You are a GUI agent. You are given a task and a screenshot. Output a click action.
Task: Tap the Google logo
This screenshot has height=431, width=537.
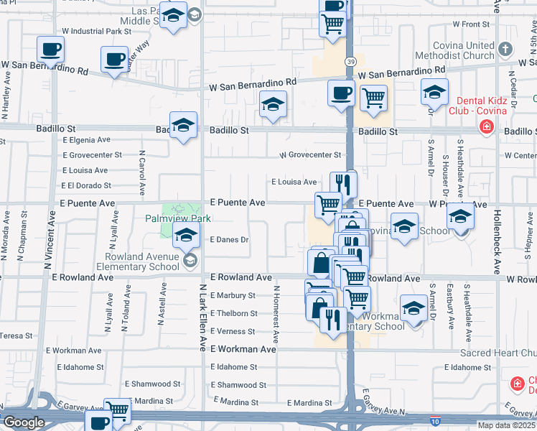pyautogui.click(x=24, y=422)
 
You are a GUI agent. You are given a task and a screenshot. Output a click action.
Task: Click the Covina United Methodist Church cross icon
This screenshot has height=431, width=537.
pyautogui.click(x=506, y=50)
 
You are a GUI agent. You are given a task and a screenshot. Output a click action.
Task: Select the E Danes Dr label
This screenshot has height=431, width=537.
pyautogui.click(x=229, y=240)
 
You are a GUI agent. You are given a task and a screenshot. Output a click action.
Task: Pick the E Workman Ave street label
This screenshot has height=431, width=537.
pyautogui.click(x=243, y=349)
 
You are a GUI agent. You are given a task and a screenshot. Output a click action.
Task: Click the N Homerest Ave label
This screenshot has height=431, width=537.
pyautogui.click(x=275, y=313)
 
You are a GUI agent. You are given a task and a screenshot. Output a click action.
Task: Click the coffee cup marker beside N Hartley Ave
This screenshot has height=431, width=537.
pyautogui.click(x=50, y=50)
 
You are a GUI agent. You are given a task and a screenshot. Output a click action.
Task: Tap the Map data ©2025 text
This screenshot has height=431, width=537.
pyautogui.click(x=506, y=425)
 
